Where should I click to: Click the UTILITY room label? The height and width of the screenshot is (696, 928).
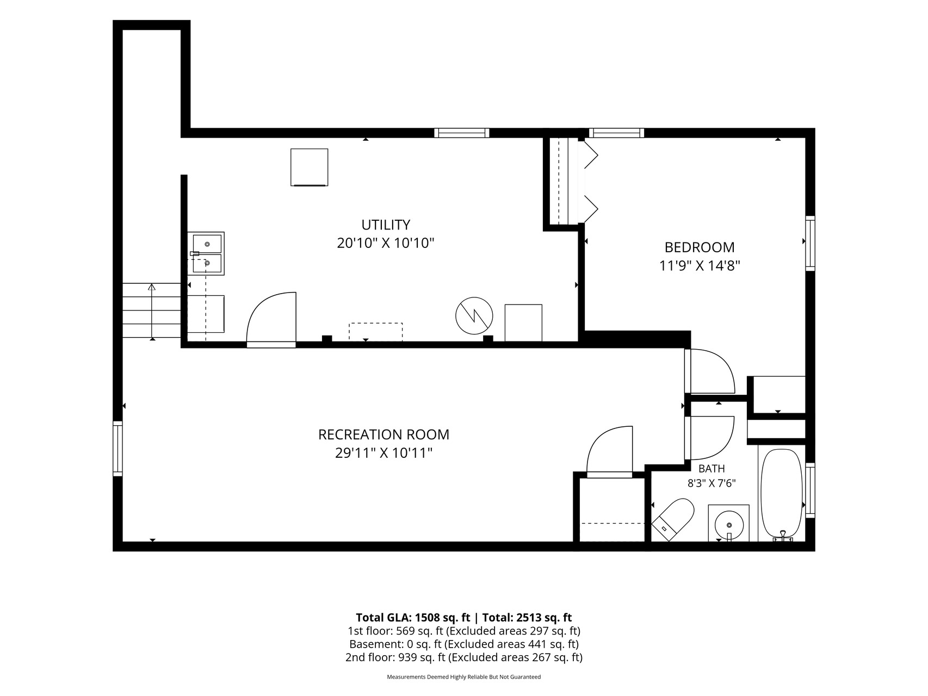coord(386,225)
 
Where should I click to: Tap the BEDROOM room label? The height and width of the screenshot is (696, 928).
coord(700,247)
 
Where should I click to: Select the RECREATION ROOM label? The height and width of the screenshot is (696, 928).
coord(383,434)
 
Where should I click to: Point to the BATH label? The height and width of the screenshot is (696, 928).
coord(712,468)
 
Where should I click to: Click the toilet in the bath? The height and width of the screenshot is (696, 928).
coord(673,519)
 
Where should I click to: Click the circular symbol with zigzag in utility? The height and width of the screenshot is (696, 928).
coord(474,315)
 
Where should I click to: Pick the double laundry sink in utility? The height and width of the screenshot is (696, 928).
coord(206,253)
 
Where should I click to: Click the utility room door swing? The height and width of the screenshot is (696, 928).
coord(271,319)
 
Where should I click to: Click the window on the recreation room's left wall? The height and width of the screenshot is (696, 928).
coord(117,448)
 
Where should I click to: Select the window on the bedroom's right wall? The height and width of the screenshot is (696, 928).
coord(810,243)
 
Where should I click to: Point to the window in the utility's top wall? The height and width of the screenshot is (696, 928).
coord(462,133)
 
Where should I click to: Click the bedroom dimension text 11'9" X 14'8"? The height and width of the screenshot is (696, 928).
coord(700,266)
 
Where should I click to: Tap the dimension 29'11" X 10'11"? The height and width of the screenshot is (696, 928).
coord(383,453)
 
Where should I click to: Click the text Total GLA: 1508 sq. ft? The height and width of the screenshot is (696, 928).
coord(413,618)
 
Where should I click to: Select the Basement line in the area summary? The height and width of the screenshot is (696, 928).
coord(463,644)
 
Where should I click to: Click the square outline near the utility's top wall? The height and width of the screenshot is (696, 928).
coord(310,167)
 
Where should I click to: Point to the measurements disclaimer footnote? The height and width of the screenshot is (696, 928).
coord(463,677)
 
